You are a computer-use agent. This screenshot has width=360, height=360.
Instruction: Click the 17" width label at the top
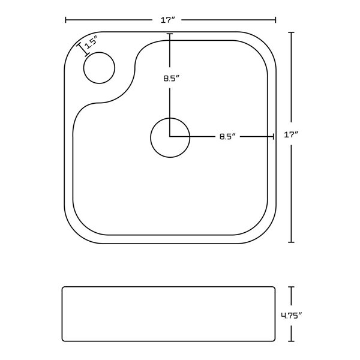tap(168, 20)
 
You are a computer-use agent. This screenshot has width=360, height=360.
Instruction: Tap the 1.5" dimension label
tap(91, 44)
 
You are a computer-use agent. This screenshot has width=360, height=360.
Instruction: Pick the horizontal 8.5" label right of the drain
tap(226, 137)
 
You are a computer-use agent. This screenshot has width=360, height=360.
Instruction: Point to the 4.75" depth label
tap(292, 315)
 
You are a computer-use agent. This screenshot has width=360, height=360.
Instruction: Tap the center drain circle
tap(170, 137)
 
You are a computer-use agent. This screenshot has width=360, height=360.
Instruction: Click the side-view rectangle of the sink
tap(168, 314)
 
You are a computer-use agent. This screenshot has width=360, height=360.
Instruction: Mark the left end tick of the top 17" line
tap(65, 20)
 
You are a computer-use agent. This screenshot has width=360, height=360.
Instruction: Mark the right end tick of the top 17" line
tap(275, 20)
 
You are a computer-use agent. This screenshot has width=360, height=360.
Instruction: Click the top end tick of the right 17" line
tap(292, 32)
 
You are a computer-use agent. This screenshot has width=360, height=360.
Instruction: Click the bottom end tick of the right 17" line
tap(292, 242)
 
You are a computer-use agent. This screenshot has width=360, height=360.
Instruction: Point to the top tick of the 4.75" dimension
tap(292, 287)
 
